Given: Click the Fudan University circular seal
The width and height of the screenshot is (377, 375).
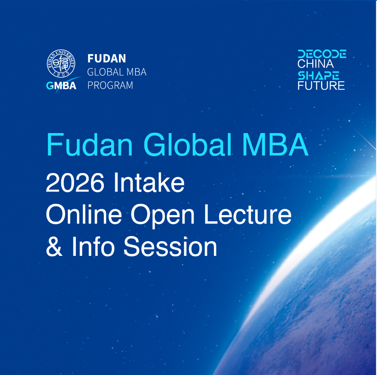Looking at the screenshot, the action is (x=61, y=64).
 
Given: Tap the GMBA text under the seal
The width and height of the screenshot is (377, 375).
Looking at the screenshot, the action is (x=61, y=86).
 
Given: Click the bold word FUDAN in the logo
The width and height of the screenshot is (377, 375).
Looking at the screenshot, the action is (x=106, y=58).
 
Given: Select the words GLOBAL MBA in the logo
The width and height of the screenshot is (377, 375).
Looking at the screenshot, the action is (x=117, y=72).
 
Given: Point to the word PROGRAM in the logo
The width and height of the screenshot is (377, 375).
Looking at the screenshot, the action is (x=110, y=85).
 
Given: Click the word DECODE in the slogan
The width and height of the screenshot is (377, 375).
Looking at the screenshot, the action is (x=322, y=54).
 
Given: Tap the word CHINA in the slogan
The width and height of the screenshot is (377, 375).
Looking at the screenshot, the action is (x=316, y=64).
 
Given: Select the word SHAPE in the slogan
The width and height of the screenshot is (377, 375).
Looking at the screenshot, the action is (x=318, y=75).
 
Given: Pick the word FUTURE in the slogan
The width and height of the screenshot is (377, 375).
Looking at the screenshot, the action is (x=321, y=86).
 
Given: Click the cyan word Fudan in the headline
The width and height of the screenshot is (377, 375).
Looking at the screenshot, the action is (x=89, y=145).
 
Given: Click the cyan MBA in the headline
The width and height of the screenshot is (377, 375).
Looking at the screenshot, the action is (x=275, y=144).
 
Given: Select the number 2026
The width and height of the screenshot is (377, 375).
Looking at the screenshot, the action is (x=75, y=183).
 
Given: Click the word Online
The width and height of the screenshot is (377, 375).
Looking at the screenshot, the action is (x=84, y=214).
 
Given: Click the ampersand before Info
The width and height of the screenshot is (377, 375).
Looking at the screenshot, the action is (x=54, y=246).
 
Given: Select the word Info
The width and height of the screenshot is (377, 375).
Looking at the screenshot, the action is (x=93, y=246).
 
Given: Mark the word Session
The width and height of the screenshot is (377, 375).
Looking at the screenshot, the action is (x=170, y=247).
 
